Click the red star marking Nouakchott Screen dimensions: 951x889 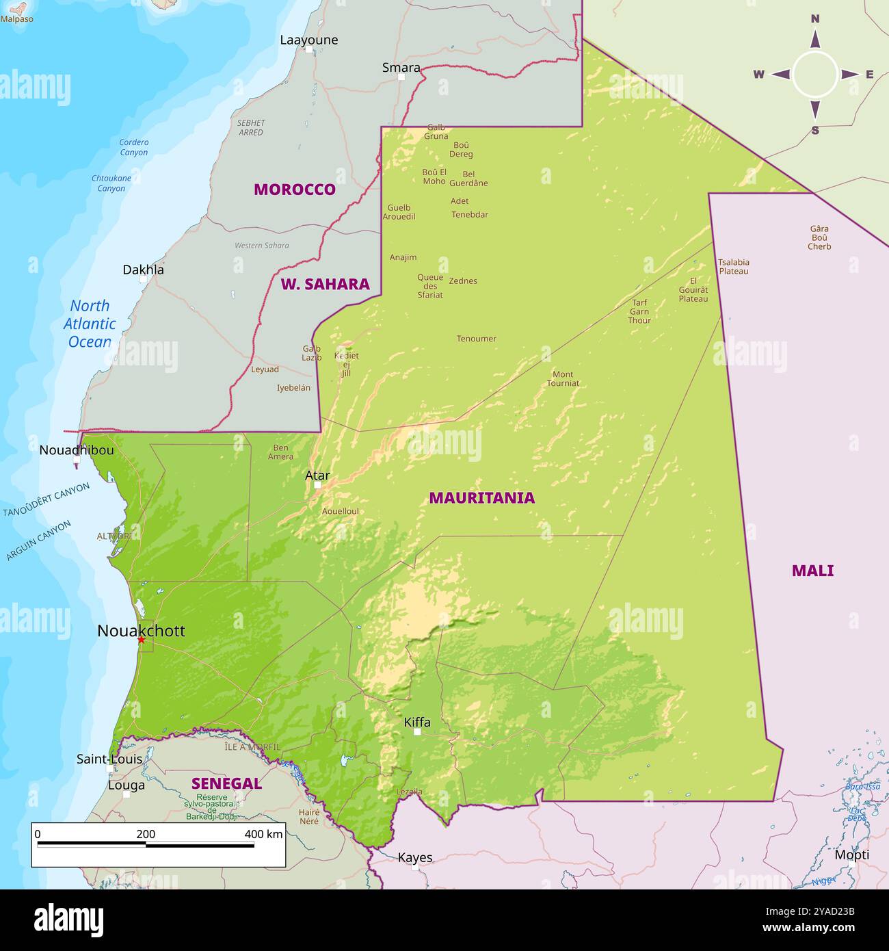[141, 640]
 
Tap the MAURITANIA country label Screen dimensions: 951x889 [481, 498]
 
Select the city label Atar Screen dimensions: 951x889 [317, 475]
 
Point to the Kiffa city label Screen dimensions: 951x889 [417, 722]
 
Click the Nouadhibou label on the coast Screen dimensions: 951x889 [77, 450]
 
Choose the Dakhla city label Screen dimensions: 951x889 [143, 270]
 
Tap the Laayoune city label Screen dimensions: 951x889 [309, 40]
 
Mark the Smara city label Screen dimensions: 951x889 [401, 67]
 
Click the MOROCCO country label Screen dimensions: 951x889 [295, 190]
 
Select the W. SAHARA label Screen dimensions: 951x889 [325, 284]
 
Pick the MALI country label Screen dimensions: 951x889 [812, 571]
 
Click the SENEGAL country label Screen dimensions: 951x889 [226, 783]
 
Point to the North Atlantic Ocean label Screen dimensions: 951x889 [90, 324]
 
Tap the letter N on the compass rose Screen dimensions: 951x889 [815, 19]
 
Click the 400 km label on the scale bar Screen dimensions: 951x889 [263, 834]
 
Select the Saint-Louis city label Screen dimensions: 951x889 [109, 759]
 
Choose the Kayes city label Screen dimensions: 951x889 [415, 857]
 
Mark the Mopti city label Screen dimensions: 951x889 [851, 855]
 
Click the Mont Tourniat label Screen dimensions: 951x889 [563, 378]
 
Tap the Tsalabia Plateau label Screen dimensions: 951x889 [733, 266]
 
